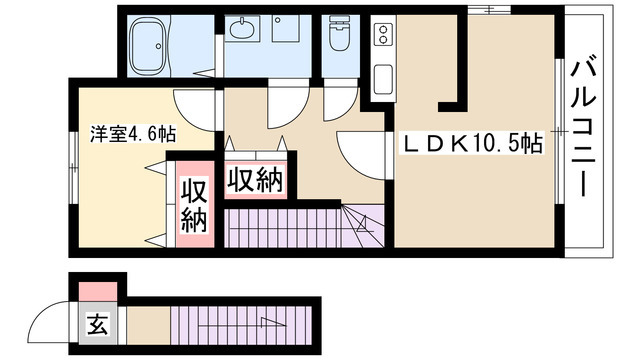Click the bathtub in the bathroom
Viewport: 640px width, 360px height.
pyautogui.click(x=149, y=45)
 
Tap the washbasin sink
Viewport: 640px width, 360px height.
pyautogui.click(x=242, y=28)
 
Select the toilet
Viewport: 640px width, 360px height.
pyautogui.click(x=340, y=33)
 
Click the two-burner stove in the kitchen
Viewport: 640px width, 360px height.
pyautogui.click(x=383, y=34)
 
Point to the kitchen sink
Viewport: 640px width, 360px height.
pyautogui.click(x=383, y=79)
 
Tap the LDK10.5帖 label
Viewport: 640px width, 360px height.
pyautogui.click(x=473, y=143)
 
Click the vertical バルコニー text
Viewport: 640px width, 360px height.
pyautogui.click(x=583, y=129)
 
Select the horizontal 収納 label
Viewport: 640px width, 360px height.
pyautogui.click(x=256, y=180)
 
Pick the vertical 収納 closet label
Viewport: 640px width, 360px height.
pyautogui.click(x=194, y=205)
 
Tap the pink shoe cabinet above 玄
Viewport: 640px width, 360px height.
pyautogui.click(x=98, y=291)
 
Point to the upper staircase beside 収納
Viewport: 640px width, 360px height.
pyautogui.click(x=304, y=228)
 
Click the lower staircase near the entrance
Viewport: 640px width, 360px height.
pyautogui.click(x=239, y=326)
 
